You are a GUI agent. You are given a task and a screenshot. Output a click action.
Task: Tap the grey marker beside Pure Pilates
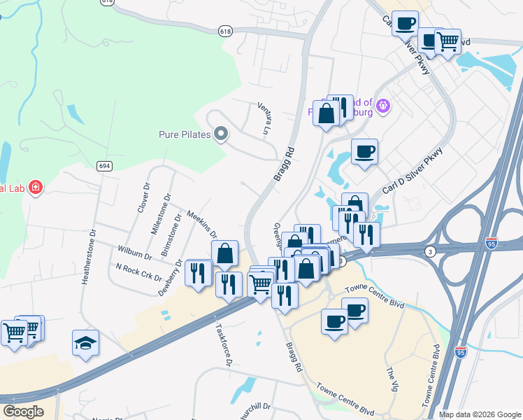222,133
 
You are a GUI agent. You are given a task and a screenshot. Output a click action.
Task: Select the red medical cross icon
35,188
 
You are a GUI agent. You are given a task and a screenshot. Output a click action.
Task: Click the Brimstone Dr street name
171,234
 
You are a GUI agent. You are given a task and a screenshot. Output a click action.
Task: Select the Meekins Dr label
202,223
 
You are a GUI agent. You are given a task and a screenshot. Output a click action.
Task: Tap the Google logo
23,412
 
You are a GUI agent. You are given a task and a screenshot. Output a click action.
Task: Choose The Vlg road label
392,373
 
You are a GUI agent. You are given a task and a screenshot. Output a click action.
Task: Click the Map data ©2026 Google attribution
480,414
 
